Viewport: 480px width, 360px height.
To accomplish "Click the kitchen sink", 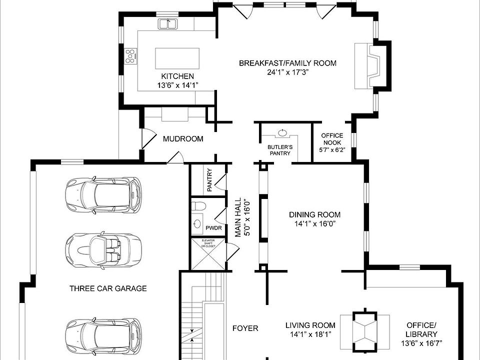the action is [x=168, y=24].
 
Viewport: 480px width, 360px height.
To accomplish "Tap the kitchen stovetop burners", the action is [x=130, y=56].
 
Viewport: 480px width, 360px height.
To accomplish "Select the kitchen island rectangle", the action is [x=177, y=58].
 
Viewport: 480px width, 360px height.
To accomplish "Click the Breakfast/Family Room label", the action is [x=287, y=63].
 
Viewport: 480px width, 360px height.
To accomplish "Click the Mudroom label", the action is [x=183, y=139].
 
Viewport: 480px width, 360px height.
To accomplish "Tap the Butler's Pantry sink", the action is [x=281, y=133].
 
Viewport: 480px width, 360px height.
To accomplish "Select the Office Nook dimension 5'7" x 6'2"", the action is [x=332, y=150].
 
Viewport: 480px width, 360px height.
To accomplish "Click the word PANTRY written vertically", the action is [x=209, y=180].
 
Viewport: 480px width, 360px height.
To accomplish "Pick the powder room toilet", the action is [x=198, y=205].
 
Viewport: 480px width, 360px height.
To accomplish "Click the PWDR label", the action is [x=213, y=228].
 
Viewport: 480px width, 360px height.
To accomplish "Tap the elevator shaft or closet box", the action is [x=208, y=254].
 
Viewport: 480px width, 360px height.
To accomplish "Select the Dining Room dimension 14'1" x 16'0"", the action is [x=315, y=224].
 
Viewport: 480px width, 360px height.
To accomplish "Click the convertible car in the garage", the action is [x=103, y=250].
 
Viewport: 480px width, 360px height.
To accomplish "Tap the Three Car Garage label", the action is [x=108, y=288].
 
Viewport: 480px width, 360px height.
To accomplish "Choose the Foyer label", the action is [x=245, y=328].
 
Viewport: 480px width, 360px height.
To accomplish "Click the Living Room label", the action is [x=310, y=325].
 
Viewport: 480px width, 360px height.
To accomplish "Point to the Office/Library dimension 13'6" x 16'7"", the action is [x=421, y=343].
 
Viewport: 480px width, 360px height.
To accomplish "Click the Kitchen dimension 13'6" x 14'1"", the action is [x=178, y=85].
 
